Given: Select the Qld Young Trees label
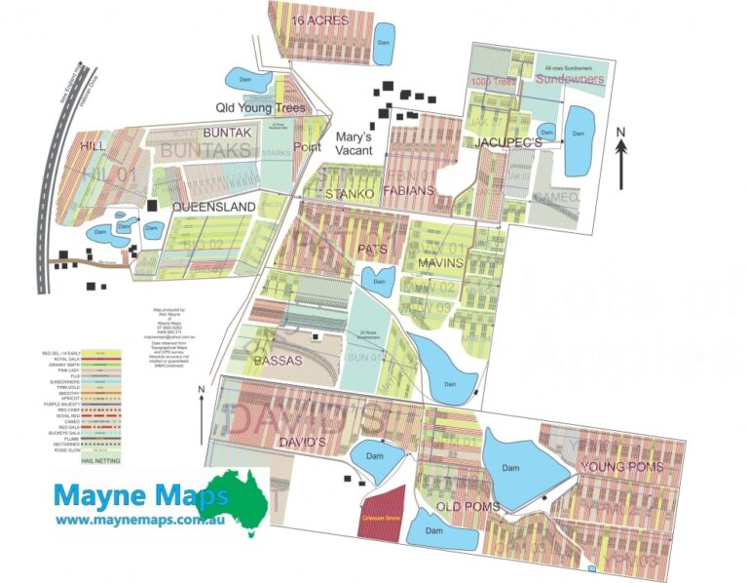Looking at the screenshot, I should pyautogui.click(x=261, y=108).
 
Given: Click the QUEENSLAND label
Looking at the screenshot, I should pyautogui.click(x=213, y=207).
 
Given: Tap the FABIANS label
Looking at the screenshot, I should pyautogui.click(x=408, y=191).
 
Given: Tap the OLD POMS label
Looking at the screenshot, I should pyautogui.click(x=467, y=507).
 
